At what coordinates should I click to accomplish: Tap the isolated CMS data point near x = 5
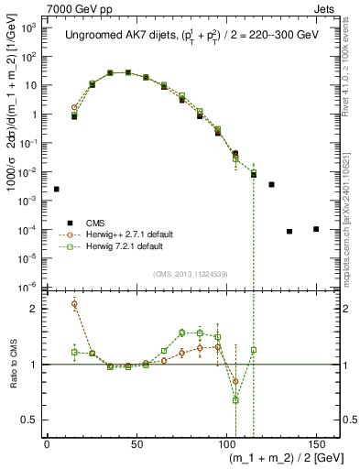click(57, 189)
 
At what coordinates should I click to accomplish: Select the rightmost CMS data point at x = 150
click(316, 229)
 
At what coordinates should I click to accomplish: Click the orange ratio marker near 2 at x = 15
click(74, 304)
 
